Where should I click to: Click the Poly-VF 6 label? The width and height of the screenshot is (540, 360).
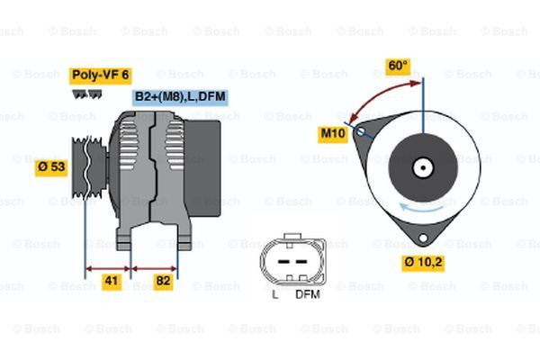pyautogui.click(x=101, y=76)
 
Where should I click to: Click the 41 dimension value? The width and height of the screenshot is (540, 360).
pyautogui.click(x=110, y=282)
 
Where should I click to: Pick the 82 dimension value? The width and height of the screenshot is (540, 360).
pyautogui.click(x=164, y=282)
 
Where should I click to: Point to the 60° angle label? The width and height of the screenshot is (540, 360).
pyautogui.click(x=397, y=66)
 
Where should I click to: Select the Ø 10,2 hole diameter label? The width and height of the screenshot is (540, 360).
pyautogui.click(x=425, y=263)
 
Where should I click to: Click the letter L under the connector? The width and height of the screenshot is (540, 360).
pyautogui.click(x=274, y=294)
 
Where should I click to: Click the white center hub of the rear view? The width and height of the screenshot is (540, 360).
pyautogui.click(x=421, y=166)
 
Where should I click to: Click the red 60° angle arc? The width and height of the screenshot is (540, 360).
pyautogui.click(x=378, y=94)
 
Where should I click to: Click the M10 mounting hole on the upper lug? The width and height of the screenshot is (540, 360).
pyautogui.click(x=362, y=132)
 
